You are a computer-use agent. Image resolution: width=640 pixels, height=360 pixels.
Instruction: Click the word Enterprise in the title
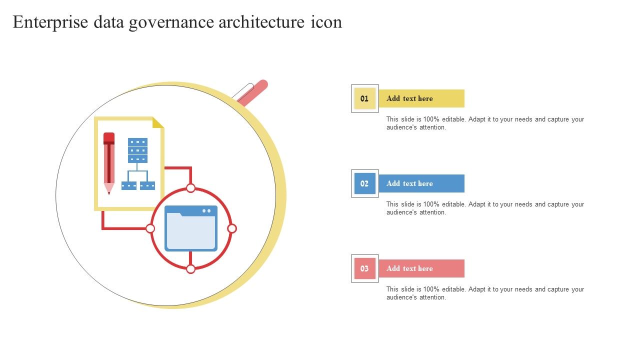pyautogui.click(x=50, y=22)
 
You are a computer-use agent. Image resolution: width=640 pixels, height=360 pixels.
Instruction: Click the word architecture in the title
pyautogui.click(x=261, y=22)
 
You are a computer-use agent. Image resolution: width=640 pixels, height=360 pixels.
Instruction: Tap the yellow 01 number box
pyautogui.click(x=365, y=98)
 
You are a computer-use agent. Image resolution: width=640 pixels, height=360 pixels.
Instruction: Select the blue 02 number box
pyautogui.click(x=365, y=183)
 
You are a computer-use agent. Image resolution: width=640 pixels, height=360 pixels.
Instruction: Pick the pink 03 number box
pyautogui.click(x=365, y=268)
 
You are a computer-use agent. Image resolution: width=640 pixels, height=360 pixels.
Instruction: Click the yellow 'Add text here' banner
pyautogui.click(x=421, y=98)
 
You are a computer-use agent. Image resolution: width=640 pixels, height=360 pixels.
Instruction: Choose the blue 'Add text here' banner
pyautogui.click(x=421, y=183)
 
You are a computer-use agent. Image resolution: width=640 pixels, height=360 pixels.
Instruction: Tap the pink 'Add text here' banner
pyautogui.click(x=421, y=268)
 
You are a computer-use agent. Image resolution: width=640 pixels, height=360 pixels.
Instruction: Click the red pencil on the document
pyautogui.click(x=109, y=163)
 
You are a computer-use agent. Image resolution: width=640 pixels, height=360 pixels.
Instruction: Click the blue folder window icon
pyautogui.click(x=191, y=228)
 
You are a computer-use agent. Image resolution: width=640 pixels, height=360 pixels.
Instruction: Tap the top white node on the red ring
pyautogui.click(x=190, y=188)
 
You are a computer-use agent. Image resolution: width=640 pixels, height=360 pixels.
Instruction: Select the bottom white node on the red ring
pyautogui.click(x=190, y=269)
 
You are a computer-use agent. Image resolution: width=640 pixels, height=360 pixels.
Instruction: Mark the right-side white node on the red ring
pyautogui.click(x=232, y=228)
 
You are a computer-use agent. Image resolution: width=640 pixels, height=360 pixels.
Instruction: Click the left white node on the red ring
pyautogui.click(x=150, y=228)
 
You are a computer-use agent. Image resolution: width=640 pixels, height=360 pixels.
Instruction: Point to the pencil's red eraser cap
pyautogui.click(x=109, y=138)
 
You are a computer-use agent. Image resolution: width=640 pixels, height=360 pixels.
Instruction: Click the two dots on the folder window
pyautogui.click(x=206, y=211)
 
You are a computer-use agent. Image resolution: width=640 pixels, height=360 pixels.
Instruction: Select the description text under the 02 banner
pyautogui.click(x=485, y=208)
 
